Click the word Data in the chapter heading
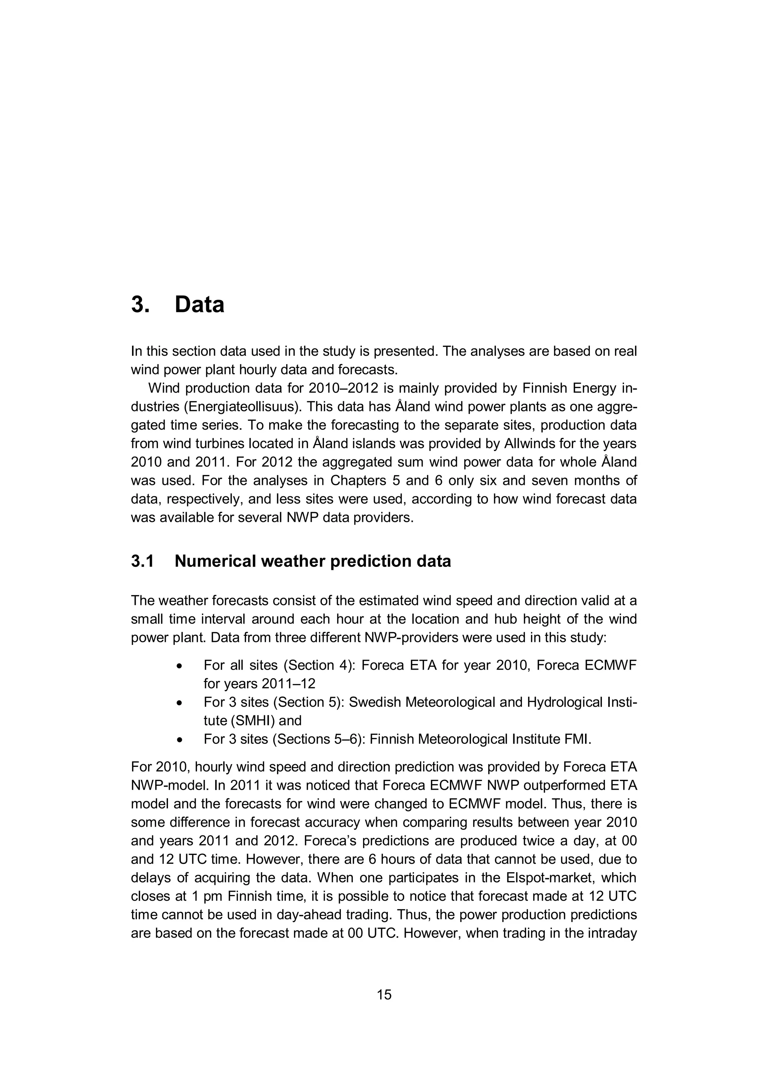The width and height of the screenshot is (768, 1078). [199, 304]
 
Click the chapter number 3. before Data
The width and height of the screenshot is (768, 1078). [141, 304]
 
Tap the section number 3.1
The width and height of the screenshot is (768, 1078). [142, 561]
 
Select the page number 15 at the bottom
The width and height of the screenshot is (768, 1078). [384, 995]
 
